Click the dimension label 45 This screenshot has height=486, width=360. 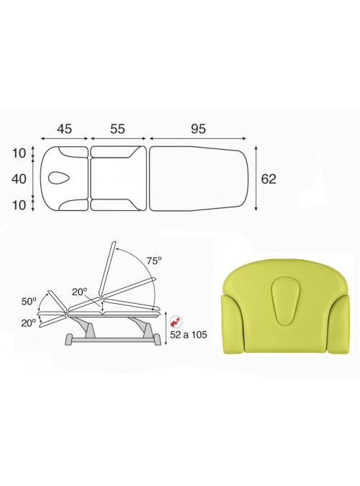(65, 129)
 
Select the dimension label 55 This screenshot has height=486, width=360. (117, 129)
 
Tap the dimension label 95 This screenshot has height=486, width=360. (198, 129)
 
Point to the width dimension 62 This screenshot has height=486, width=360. (269, 179)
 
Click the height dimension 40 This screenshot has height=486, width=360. (19, 179)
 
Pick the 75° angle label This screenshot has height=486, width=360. (154, 261)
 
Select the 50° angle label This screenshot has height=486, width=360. (29, 301)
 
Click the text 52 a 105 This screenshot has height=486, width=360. (189, 335)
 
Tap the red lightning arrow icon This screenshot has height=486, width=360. (176, 323)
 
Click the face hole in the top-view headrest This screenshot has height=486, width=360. (59, 179)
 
